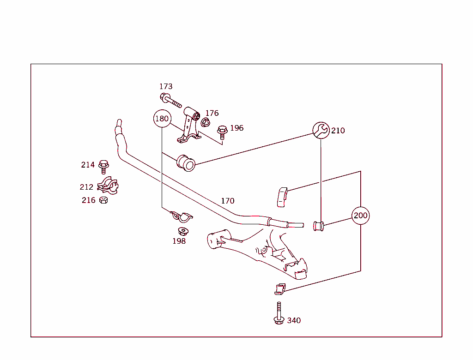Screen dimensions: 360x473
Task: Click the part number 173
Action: (x=166, y=86)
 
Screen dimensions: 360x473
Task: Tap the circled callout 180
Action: (x=162, y=119)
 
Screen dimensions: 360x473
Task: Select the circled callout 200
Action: (x=360, y=216)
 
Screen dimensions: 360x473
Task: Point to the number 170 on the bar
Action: (x=228, y=201)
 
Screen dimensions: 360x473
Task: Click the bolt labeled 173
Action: (x=170, y=100)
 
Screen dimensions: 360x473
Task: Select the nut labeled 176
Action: (x=206, y=122)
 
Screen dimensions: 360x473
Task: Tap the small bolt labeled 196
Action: (x=222, y=132)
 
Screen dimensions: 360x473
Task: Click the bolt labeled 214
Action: (x=103, y=165)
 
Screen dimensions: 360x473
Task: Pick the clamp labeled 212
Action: (x=108, y=186)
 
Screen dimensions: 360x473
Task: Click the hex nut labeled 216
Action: (x=103, y=200)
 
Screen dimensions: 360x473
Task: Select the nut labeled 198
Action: (x=183, y=230)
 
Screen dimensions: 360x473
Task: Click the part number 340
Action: (x=294, y=320)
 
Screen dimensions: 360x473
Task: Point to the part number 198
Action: (x=179, y=241)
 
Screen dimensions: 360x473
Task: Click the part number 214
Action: (x=88, y=165)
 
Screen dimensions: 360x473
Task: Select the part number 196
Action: (x=236, y=128)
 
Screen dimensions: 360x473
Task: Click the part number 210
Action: (x=338, y=131)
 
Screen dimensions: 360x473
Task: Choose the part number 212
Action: (x=86, y=187)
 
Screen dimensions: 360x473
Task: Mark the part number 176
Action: (x=212, y=113)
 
